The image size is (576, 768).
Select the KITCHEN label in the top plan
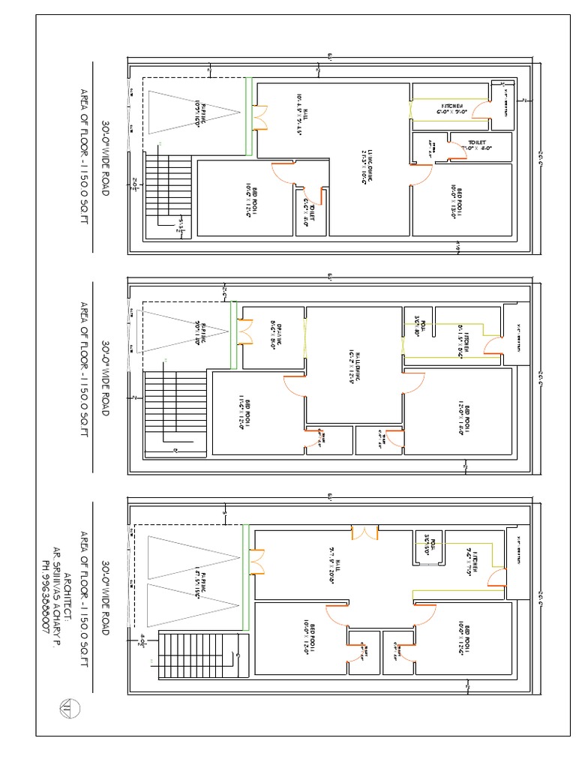coord(453,108)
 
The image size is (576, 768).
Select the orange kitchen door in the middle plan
coord(493,345)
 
